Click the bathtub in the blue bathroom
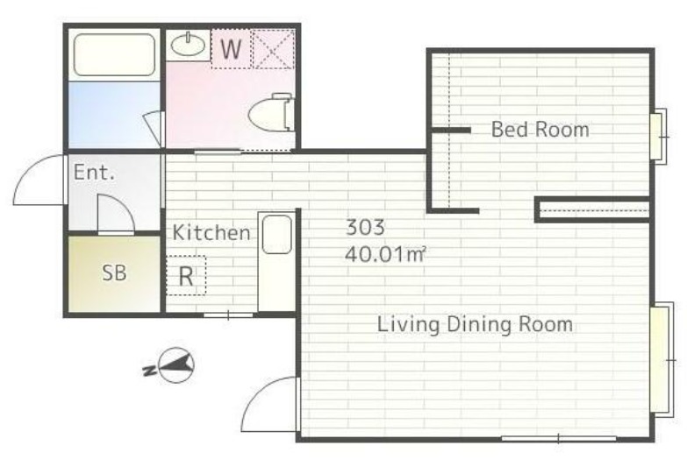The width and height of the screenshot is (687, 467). coord(114,54)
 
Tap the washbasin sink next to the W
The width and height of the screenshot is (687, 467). coord(188,45)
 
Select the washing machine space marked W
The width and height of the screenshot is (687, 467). coord(231,48)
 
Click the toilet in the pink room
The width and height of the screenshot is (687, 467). coord(271,112)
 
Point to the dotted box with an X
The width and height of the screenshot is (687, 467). coord(274,48)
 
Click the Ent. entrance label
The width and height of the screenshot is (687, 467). coord(94,172)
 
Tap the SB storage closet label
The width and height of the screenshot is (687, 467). coord(114,272)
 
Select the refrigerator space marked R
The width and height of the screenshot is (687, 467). coord(186,276)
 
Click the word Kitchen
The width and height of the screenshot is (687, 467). coord(211,232)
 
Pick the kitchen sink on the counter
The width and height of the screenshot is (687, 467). coord(276,234)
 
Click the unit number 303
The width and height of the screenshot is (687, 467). coord(365,227)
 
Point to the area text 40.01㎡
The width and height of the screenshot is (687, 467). coord(385,254)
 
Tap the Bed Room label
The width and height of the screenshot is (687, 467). coord(540,130)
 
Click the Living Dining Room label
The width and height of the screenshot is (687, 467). coord(475,325)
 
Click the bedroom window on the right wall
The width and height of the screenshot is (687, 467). coord(659,136)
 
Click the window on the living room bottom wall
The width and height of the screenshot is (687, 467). coord(559,438)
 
